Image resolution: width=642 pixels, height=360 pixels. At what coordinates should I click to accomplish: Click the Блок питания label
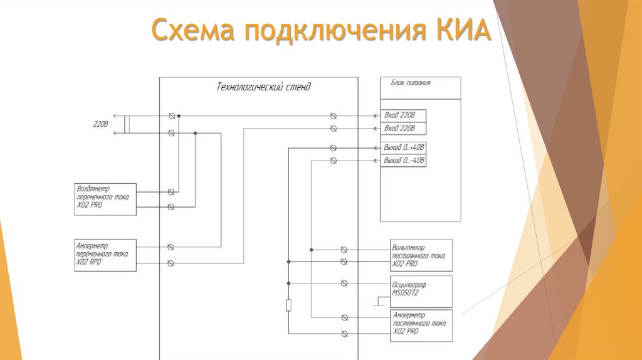411,82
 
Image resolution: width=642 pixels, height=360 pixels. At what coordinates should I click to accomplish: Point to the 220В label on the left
101,124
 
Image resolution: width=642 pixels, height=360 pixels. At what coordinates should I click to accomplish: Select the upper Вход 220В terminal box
403,116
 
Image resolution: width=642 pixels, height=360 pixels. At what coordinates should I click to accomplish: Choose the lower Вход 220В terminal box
403,129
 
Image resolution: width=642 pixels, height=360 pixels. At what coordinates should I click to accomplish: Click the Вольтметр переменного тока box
105,198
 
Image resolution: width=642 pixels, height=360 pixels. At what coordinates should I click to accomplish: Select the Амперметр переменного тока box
105,255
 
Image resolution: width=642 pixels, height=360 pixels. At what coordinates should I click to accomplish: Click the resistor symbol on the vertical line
288,305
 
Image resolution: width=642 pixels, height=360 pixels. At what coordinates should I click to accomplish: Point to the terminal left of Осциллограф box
344,283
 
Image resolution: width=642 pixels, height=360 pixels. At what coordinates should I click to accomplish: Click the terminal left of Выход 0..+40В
333,148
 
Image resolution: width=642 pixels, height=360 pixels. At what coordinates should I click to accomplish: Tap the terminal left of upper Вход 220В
333,116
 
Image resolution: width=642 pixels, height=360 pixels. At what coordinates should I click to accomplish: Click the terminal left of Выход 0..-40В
333,161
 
